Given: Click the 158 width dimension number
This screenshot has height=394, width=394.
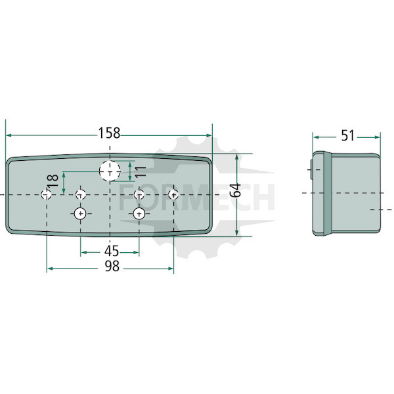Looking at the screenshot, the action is (x=109, y=133).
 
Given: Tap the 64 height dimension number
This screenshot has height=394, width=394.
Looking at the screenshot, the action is (x=236, y=190).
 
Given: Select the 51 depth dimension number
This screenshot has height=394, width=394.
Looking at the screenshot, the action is (x=347, y=135).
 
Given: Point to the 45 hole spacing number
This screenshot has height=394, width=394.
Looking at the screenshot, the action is (x=112, y=251).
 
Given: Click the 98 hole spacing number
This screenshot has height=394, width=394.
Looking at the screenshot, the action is (x=112, y=267).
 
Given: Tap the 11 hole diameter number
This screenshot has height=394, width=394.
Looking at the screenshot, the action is (x=141, y=171).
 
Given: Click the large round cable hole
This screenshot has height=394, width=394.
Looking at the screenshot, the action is (x=110, y=171).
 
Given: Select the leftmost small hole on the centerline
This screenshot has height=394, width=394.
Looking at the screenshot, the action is (x=46, y=194).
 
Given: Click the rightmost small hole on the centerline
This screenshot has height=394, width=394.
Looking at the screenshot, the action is (x=173, y=194).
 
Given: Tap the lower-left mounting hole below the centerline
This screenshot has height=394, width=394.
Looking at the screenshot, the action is (x=80, y=214).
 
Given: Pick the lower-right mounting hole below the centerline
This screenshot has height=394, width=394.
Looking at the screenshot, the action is (x=139, y=214).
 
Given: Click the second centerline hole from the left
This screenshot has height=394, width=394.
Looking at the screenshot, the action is (x=81, y=194).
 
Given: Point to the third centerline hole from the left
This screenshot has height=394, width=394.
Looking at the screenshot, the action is (x=139, y=194).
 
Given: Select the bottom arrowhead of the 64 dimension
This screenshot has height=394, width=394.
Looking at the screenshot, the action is (x=236, y=233).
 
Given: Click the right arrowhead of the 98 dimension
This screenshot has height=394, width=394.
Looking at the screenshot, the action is (x=171, y=269).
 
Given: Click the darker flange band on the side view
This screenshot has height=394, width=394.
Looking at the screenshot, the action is (x=328, y=194).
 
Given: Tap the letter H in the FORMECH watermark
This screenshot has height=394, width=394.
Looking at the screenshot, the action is (x=264, y=197).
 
